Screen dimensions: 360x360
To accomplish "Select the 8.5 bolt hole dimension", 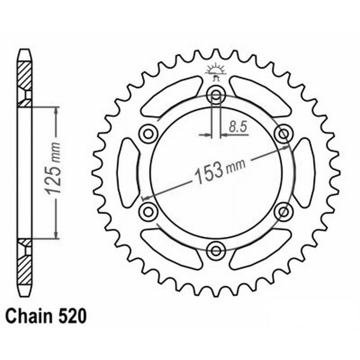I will click(237, 127).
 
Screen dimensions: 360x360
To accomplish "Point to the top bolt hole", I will click(216, 95).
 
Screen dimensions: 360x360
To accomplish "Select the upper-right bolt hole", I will click(283, 134).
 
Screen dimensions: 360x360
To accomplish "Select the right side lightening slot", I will click(305, 172).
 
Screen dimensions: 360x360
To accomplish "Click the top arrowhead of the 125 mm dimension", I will click(55, 111).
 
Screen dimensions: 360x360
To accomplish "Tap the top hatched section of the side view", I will click(25, 76).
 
